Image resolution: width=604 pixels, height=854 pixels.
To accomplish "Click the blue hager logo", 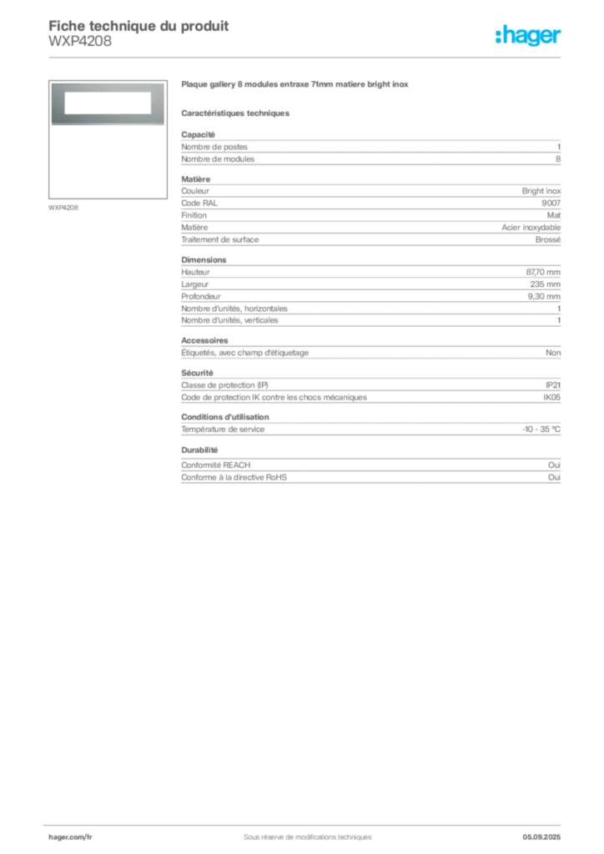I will coord(529,36).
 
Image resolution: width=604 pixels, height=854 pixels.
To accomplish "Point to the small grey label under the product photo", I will coord(63,207).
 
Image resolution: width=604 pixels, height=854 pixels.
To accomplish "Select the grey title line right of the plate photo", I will coord(297,86).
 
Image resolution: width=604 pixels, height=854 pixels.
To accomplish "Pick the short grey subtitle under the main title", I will coord(237,113).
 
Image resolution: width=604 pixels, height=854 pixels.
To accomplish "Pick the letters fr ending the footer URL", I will coord(88,836).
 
